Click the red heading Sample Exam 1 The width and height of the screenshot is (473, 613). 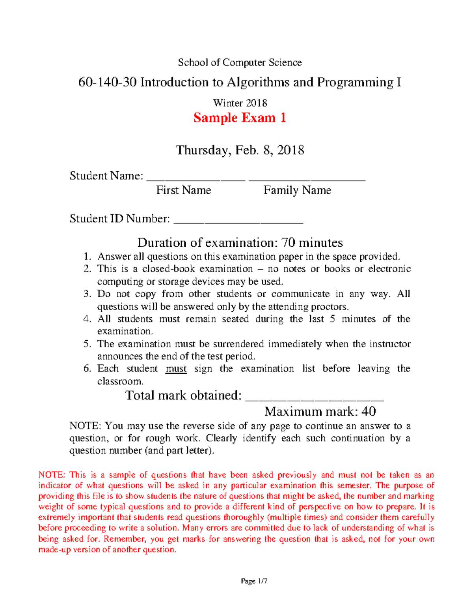pos(240,118)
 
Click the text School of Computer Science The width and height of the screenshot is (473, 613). pos(240,62)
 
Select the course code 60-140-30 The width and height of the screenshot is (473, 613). pos(107,82)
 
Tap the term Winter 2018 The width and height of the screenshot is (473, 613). pos(240,103)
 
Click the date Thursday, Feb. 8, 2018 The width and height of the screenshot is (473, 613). pos(240,150)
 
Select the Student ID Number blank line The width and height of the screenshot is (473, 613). pos(238,223)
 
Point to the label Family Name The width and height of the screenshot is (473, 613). pos(297,190)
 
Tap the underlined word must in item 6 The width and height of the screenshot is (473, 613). pos(176,369)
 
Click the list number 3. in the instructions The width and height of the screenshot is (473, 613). pos(88,294)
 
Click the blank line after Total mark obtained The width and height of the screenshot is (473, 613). pos(314,399)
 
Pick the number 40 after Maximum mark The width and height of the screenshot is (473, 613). pos(369,411)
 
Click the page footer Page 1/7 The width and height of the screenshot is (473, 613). pos(254,581)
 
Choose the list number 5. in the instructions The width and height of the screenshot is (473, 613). pos(88,344)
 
